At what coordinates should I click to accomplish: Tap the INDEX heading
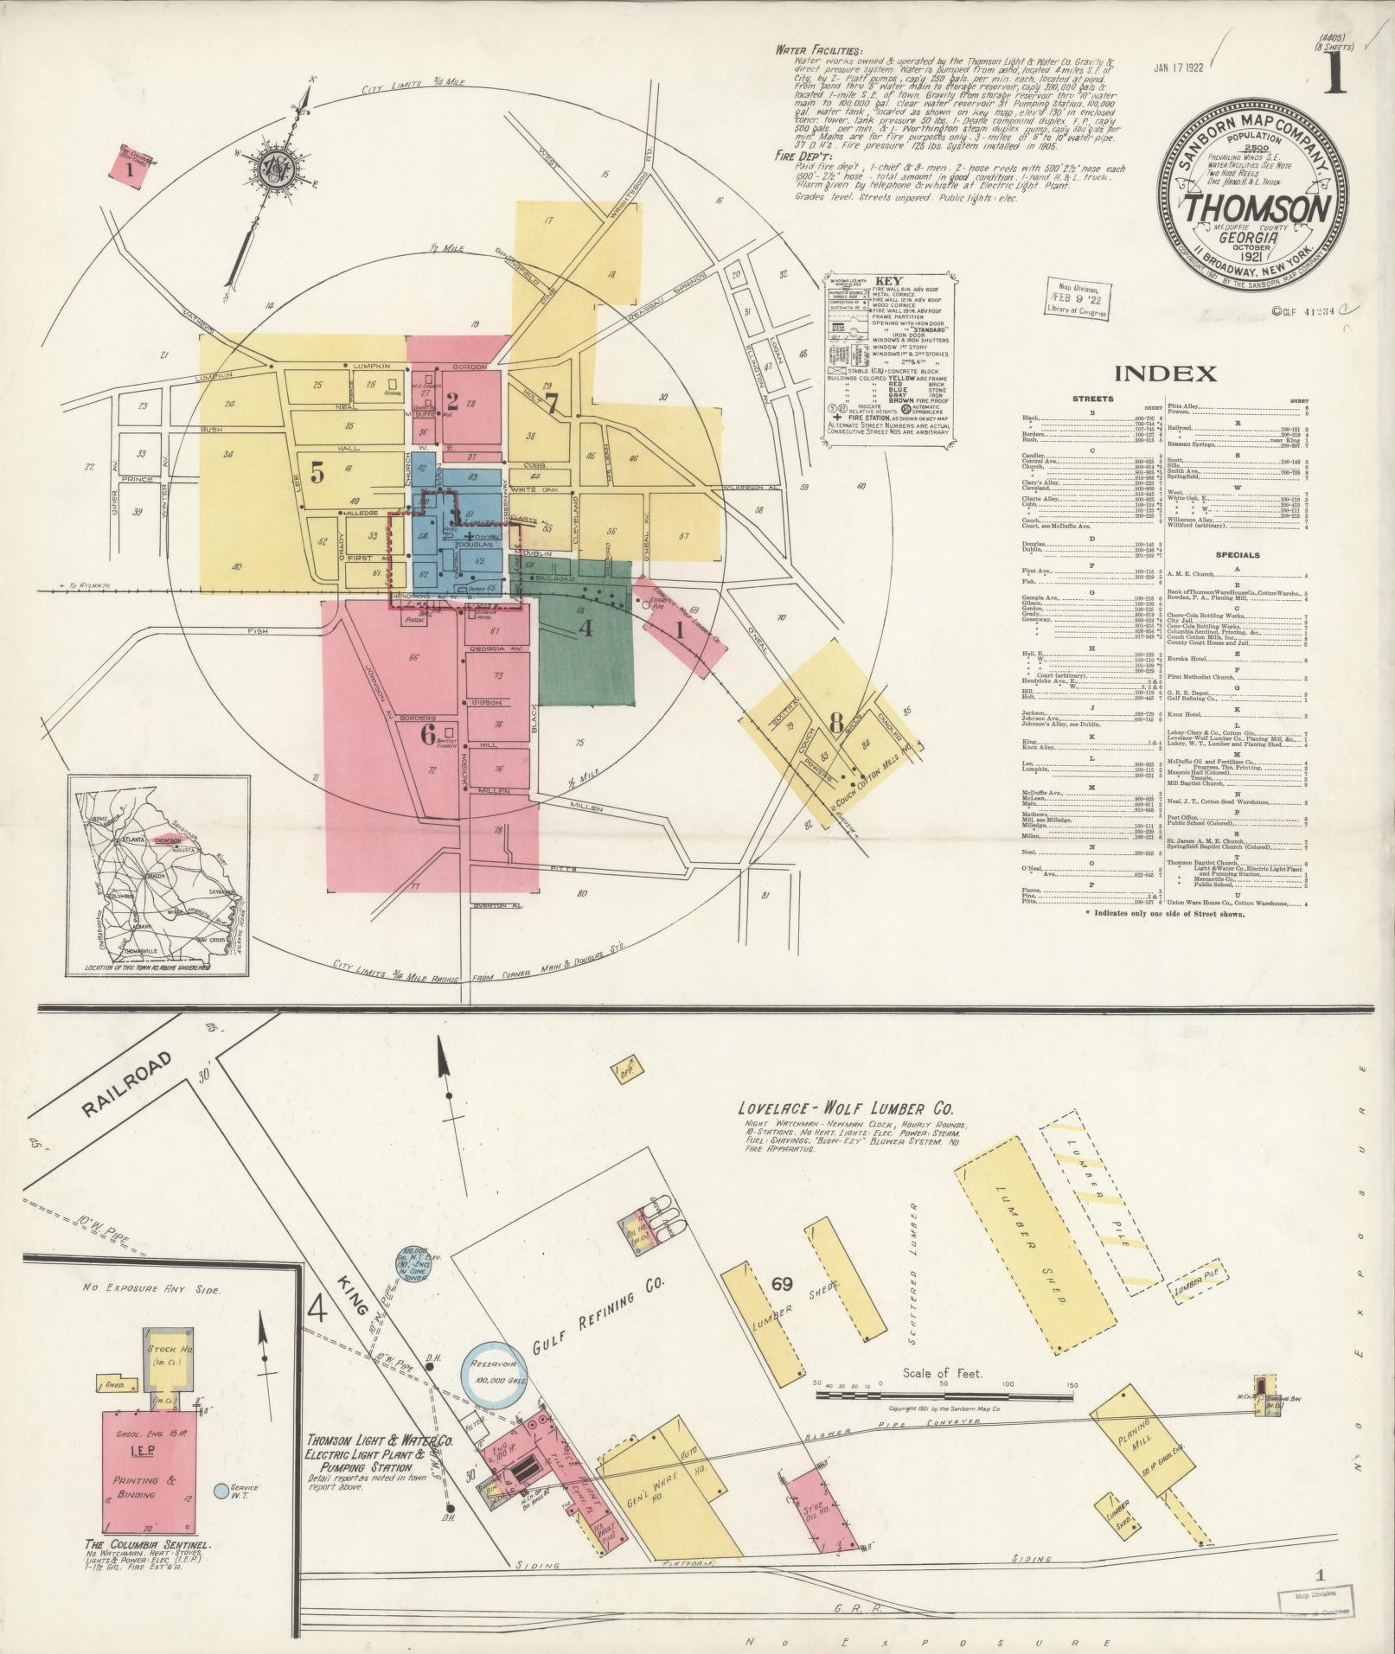point(1165,374)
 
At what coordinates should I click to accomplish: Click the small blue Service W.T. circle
point(221,1491)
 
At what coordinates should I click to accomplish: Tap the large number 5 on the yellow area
point(317,473)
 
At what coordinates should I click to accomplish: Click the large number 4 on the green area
point(586,628)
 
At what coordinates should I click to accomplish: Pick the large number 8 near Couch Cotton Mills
point(835,723)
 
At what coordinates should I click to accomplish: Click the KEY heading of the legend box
point(888,282)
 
